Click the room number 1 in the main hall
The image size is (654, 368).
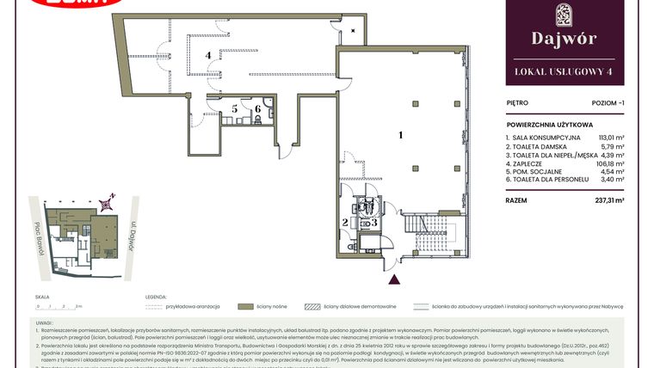400,135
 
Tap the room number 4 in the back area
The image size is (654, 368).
207,55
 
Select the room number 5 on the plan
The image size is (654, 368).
234,109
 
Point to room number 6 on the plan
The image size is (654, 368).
256,109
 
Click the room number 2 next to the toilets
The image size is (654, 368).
346,223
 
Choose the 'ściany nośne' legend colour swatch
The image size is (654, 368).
245,305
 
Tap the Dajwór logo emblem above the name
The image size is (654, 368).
564,15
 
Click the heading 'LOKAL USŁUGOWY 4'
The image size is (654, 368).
564,71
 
